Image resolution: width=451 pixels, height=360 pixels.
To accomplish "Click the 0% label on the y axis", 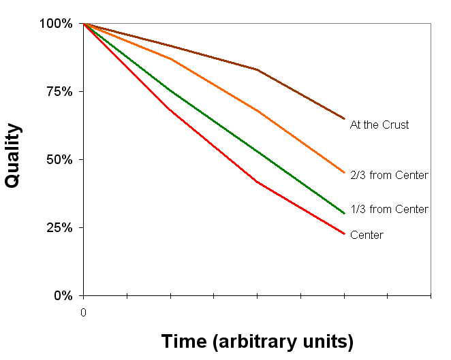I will pos(63,295).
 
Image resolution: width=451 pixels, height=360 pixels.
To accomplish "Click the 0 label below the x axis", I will pos(83,312).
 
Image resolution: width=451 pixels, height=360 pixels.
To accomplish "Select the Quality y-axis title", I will pos(13,155).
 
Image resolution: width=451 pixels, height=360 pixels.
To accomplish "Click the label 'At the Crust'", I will pos(379,125).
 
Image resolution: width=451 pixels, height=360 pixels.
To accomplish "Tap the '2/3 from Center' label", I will pos(389,176).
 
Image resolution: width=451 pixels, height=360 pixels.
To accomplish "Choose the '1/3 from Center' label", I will pos(389,210).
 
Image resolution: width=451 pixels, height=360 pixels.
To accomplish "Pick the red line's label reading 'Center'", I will pos(367,235).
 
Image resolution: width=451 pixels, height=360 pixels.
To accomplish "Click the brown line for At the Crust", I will pos(213,59).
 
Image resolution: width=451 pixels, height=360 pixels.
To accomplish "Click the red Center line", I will pos(213,148).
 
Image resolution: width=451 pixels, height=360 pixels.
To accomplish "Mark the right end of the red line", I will pos(344,234).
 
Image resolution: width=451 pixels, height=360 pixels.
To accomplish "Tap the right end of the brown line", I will pos(344,118).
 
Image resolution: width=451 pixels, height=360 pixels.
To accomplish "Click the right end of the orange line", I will pos(344,173).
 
